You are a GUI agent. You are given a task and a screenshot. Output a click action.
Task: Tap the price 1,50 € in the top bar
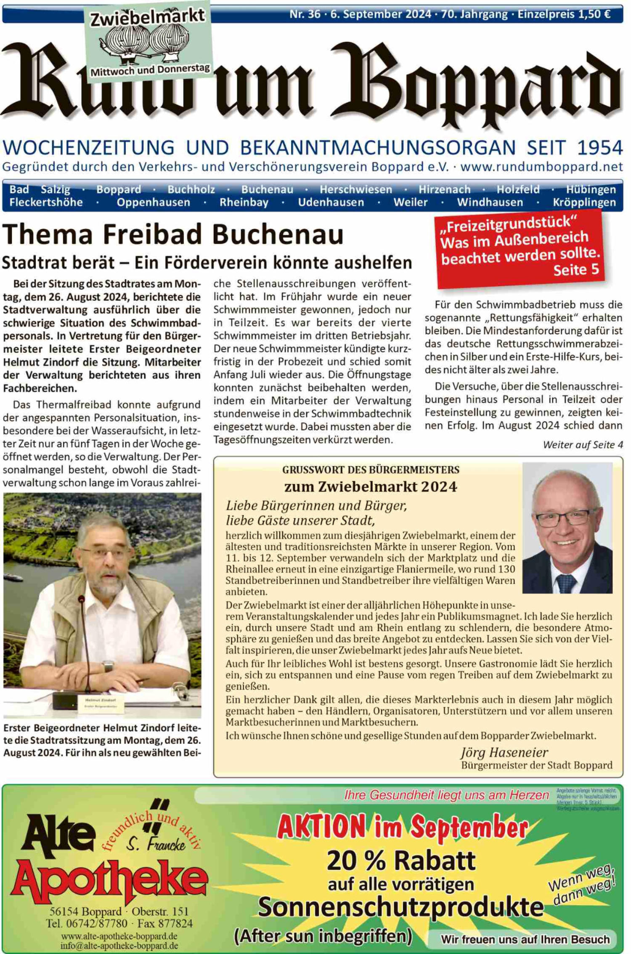pyautogui.click(x=594, y=14)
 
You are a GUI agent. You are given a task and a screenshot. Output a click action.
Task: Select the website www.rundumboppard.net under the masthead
pyautogui.click(x=542, y=167)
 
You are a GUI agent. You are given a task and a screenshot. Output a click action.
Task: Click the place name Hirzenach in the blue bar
pyautogui.click(x=444, y=189)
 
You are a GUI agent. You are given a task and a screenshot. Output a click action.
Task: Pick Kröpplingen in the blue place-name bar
pyautogui.click(x=584, y=203)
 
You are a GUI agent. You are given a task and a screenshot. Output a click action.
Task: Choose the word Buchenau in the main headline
pyautogui.click(x=278, y=235)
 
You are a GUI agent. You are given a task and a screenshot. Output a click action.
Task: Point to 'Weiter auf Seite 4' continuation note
pyautogui.click(x=583, y=445)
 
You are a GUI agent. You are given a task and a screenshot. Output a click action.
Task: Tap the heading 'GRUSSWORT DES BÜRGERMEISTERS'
pyautogui.click(x=371, y=470)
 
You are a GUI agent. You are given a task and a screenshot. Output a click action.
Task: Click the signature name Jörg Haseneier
pyautogui.click(x=504, y=752)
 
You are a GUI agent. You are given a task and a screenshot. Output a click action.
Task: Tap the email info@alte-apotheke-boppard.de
pyautogui.click(x=119, y=946)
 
